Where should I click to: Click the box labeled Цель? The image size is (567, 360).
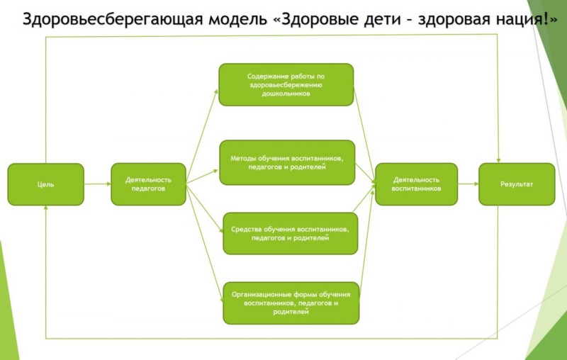[45, 184]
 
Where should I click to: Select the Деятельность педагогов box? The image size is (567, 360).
[148, 184]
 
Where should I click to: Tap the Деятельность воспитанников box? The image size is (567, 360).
[416, 184]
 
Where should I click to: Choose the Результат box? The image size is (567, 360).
[517, 184]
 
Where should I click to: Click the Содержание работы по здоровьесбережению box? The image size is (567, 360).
[286, 84]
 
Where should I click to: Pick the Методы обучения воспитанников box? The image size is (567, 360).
[287, 162]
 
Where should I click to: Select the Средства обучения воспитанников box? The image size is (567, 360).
[290, 233]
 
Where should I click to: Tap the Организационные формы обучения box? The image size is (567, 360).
[291, 303]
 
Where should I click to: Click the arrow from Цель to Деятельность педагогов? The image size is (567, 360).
[98, 184]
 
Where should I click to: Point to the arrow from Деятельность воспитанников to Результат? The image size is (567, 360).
[468, 184]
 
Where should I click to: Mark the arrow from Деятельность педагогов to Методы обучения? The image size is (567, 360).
[203, 176]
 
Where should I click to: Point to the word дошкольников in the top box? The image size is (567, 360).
[286, 93]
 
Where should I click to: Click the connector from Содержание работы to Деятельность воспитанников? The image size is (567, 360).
[364, 135]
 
